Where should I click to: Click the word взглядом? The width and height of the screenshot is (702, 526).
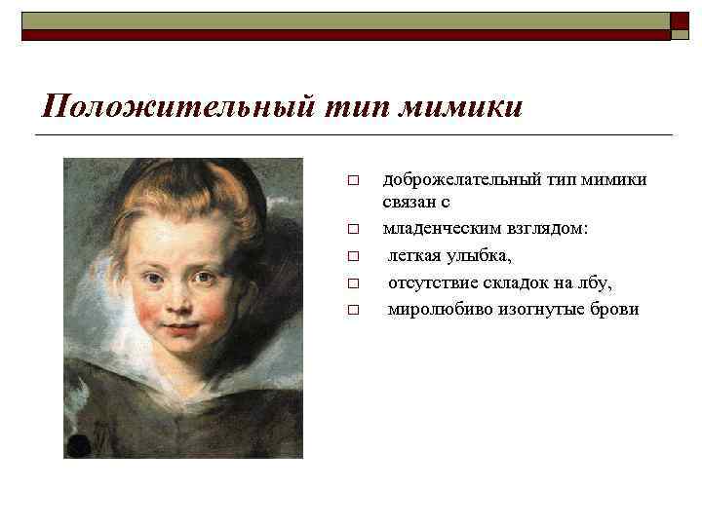547,232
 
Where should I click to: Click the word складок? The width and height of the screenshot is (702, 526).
517,283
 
